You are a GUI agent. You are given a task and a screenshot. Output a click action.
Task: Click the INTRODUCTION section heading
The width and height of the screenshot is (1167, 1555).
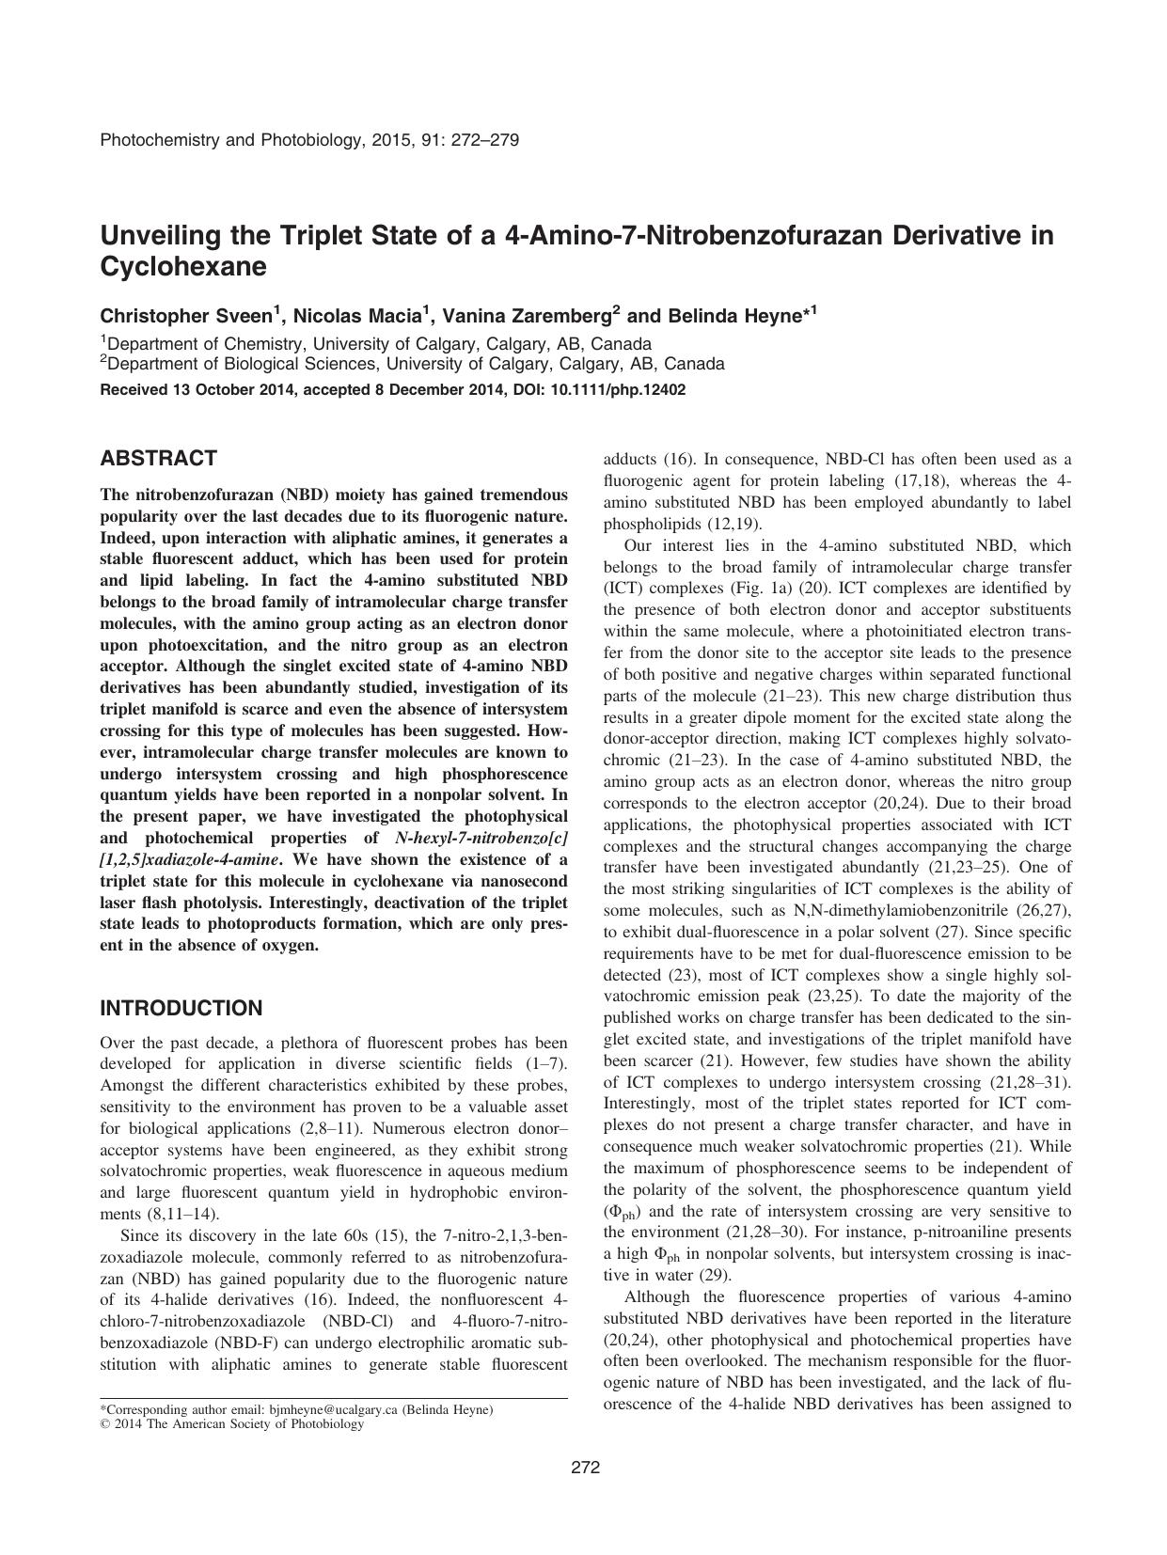[x=181, y=1008]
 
